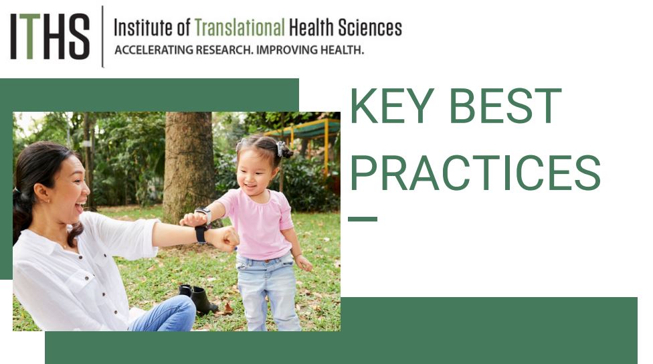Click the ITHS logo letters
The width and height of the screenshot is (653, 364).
50,36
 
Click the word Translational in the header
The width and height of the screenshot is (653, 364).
240,28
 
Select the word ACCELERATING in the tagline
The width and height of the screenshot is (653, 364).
154,50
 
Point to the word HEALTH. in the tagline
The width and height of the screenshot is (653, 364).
342,50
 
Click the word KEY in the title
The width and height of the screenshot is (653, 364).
392,106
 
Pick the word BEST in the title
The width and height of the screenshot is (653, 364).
506,106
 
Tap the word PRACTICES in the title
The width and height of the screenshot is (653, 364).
475,173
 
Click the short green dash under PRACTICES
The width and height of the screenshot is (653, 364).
363,219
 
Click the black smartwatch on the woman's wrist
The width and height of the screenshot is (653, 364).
201,234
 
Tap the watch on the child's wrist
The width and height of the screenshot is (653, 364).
205,214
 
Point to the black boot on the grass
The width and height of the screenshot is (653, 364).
199,298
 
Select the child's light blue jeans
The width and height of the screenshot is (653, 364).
268,292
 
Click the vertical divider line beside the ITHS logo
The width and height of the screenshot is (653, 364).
102,37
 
